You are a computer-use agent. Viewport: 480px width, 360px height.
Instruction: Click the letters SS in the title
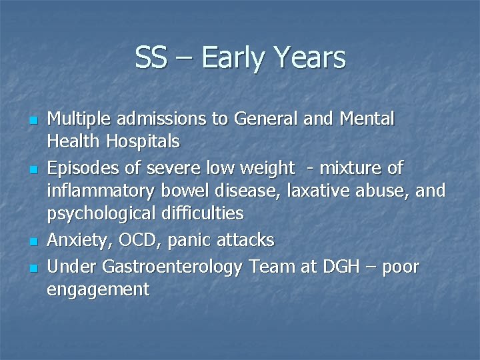click(x=151, y=57)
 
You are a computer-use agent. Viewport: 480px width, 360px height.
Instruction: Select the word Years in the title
click(x=310, y=57)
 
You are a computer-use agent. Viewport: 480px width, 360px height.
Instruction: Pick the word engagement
click(x=98, y=290)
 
